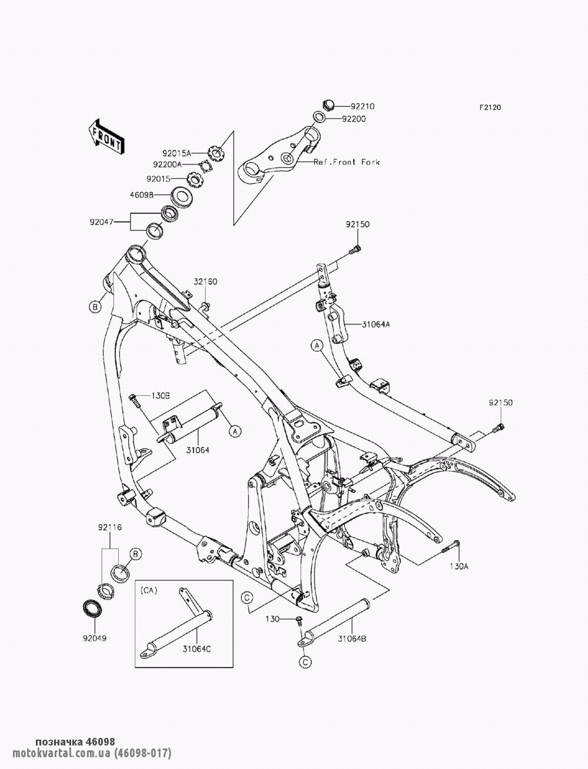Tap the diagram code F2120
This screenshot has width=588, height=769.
[506, 108]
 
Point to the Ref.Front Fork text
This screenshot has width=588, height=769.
[346, 162]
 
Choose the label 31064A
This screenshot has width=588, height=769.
[376, 323]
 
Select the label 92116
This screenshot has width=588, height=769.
[110, 528]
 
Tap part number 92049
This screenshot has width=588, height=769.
[93, 636]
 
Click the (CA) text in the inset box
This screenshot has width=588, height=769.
[149, 589]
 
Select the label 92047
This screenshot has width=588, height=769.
[102, 222]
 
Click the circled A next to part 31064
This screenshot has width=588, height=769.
[235, 432]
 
